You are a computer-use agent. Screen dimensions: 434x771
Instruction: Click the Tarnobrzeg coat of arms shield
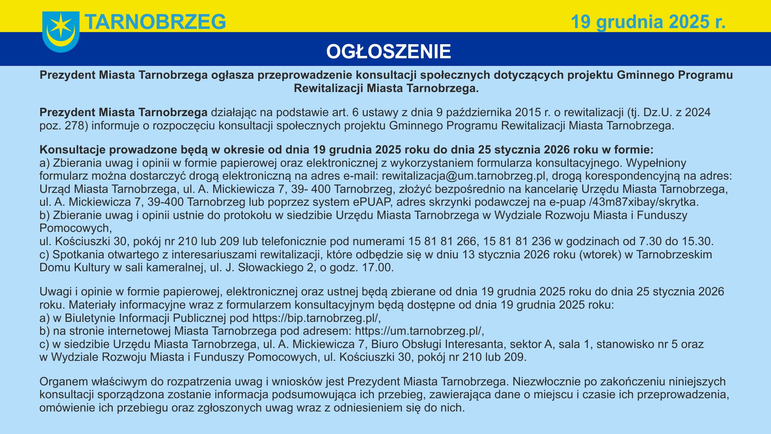point(61,32)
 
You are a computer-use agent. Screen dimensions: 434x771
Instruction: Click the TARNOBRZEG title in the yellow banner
point(155,22)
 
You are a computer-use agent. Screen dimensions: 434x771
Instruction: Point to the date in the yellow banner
point(648,22)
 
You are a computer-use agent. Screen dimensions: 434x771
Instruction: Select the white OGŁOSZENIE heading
point(388,52)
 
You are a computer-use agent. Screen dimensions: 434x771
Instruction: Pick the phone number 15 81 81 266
point(442,242)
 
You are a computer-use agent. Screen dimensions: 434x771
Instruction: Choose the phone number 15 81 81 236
point(517,242)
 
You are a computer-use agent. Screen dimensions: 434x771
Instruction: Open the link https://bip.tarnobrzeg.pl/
point(316,318)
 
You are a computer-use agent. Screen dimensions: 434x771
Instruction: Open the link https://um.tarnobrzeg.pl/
point(419,331)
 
